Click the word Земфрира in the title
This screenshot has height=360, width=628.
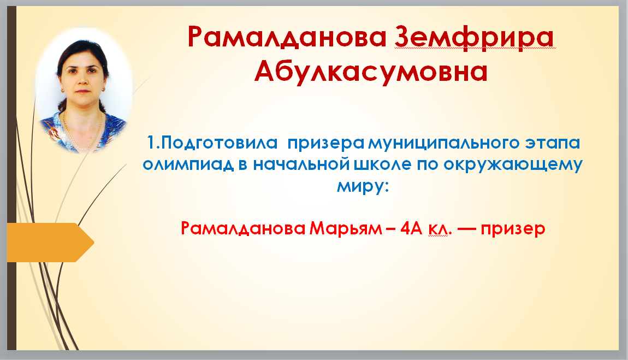click(475, 37)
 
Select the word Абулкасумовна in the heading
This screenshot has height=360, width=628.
click(371, 72)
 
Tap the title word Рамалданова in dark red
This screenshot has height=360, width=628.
click(287, 37)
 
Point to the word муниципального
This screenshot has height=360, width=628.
click(443, 144)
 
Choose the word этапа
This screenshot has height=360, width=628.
click(553, 143)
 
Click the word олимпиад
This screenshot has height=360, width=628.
click(188, 164)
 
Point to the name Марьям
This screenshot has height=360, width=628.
click(346, 228)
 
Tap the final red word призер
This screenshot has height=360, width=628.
click(513, 229)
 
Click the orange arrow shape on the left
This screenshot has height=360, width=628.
click(50, 242)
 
